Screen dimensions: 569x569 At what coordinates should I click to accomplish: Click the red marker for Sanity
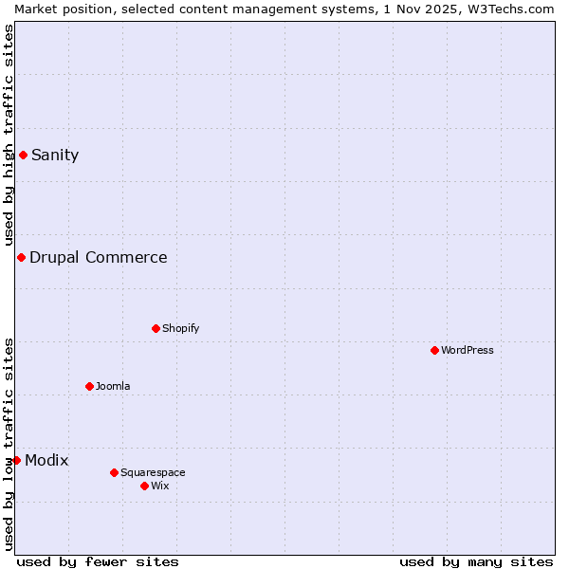click(x=23, y=155)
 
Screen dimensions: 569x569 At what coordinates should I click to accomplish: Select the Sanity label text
click(x=55, y=156)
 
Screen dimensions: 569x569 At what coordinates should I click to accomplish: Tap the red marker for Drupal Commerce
click(x=21, y=257)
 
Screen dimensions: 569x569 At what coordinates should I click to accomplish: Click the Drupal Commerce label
click(x=99, y=258)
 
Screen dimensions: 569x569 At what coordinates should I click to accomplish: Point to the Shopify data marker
click(x=156, y=328)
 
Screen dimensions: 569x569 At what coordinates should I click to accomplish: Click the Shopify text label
click(x=181, y=329)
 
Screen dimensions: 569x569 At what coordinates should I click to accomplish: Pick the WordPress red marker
click(x=434, y=350)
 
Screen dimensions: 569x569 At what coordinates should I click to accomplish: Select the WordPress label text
click(x=468, y=351)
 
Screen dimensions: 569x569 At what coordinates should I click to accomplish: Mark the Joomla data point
click(x=89, y=386)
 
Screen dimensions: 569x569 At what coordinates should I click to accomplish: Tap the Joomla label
click(x=113, y=387)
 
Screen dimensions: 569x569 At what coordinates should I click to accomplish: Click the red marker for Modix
click(x=16, y=460)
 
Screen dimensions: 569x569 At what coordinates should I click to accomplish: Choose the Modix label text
click(x=46, y=461)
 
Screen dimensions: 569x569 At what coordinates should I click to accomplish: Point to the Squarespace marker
click(x=114, y=472)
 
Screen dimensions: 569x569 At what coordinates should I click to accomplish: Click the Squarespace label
click(x=153, y=473)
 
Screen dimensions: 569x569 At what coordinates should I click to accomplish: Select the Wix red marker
click(x=144, y=486)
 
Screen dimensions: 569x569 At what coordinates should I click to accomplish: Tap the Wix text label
click(x=160, y=486)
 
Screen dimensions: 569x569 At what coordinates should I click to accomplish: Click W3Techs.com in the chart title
click(x=513, y=9)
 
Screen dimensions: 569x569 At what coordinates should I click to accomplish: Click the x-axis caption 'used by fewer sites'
click(x=98, y=561)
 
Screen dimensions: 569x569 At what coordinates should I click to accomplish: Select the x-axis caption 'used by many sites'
click(x=476, y=561)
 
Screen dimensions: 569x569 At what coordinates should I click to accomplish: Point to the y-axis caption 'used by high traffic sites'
click(x=9, y=135)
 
